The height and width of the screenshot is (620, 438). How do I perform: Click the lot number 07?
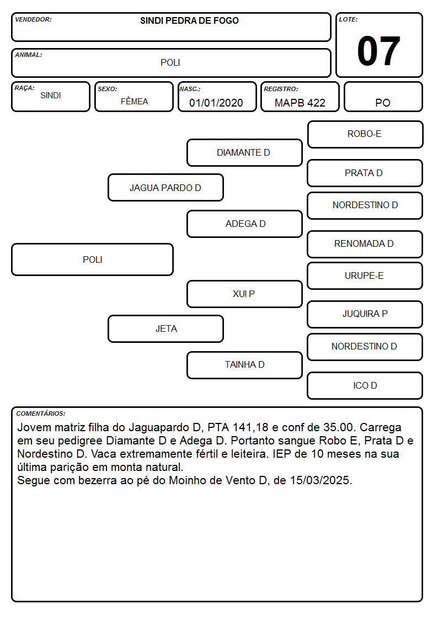tap(378, 51)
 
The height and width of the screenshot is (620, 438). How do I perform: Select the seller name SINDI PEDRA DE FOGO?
tap(189, 21)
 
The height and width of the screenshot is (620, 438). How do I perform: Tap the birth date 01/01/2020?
tap(216, 103)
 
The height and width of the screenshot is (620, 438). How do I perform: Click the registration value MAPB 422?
tap(300, 103)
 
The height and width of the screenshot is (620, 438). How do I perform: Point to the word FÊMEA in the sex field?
tap(134, 101)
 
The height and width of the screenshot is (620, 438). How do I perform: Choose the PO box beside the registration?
tap(383, 97)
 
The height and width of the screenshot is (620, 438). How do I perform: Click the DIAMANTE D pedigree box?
tap(244, 152)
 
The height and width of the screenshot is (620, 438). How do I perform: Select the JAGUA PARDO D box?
tap(165, 187)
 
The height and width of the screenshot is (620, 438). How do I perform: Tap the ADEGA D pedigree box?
tap(244, 224)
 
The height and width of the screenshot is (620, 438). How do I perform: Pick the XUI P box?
tap(244, 294)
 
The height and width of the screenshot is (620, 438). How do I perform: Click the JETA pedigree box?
tap(165, 328)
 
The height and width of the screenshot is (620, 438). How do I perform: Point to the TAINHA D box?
tap(244, 365)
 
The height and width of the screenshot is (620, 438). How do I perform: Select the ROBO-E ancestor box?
tap(365, 135)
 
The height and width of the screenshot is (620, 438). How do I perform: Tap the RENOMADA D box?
tap(365, 244)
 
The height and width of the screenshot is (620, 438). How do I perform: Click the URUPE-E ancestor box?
tap(365, 275)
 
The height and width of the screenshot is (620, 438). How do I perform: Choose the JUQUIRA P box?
tap(365, 314)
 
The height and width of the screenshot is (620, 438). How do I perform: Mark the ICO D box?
tap(365, 385)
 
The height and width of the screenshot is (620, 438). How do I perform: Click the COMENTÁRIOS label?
tap(41, 414)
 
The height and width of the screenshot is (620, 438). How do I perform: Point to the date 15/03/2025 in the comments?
tap(320, 480)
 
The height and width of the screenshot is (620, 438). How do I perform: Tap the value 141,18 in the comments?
tap(250, 427)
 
